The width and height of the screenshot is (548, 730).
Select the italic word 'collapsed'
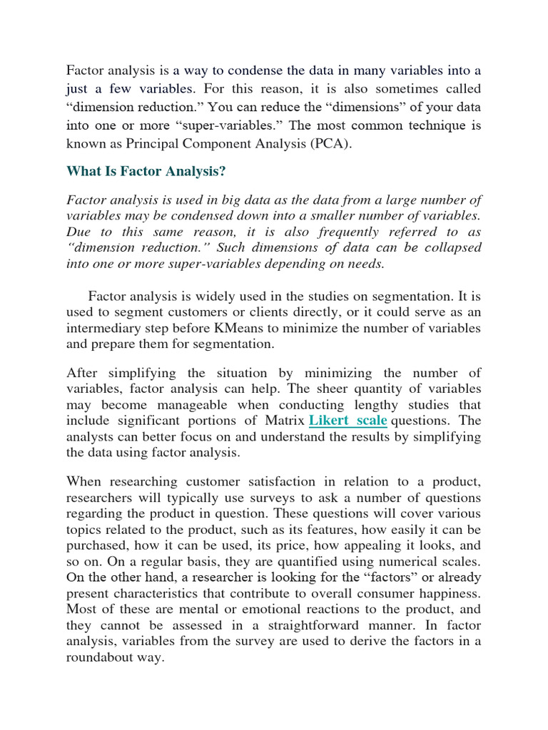click(451, 247)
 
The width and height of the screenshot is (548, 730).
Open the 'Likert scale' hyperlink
click(348, 421)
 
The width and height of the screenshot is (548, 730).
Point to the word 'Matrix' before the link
click(284, 421)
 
